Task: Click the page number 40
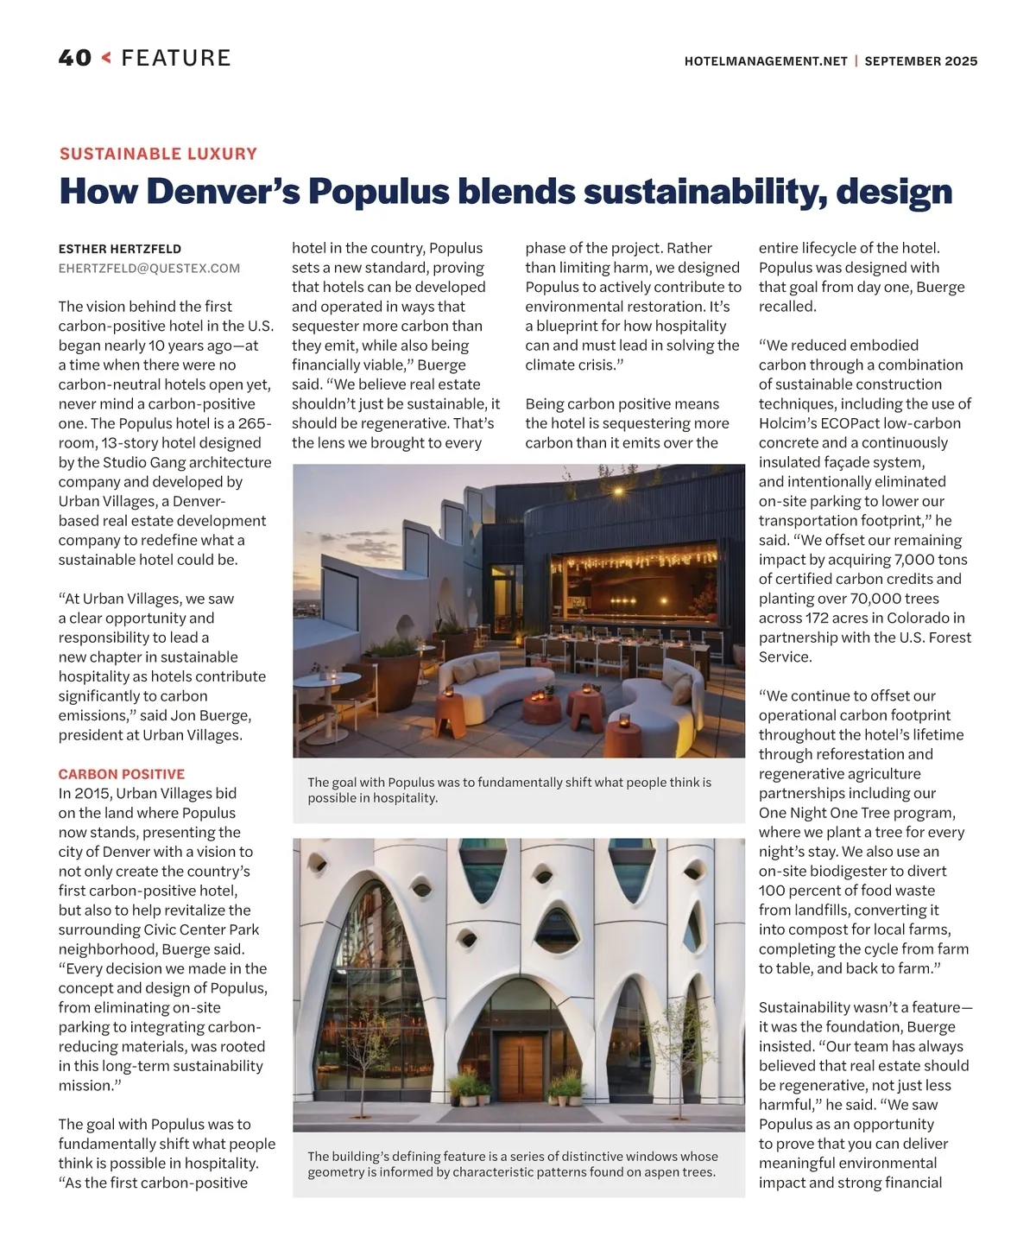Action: (75, 58)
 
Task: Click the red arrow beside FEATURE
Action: (106, 58)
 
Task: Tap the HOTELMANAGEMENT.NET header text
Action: (765, 61)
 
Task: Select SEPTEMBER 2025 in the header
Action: (921, 61)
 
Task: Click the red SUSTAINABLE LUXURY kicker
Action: (158, 154)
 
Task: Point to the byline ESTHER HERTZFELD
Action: (120, 249)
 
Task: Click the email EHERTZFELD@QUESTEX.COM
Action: (149, 269)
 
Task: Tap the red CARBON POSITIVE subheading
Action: (122, 774)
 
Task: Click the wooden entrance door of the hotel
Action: (521, 1066)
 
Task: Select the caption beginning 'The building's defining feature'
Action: (513, 1164)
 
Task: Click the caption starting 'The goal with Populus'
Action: (509, 790)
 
